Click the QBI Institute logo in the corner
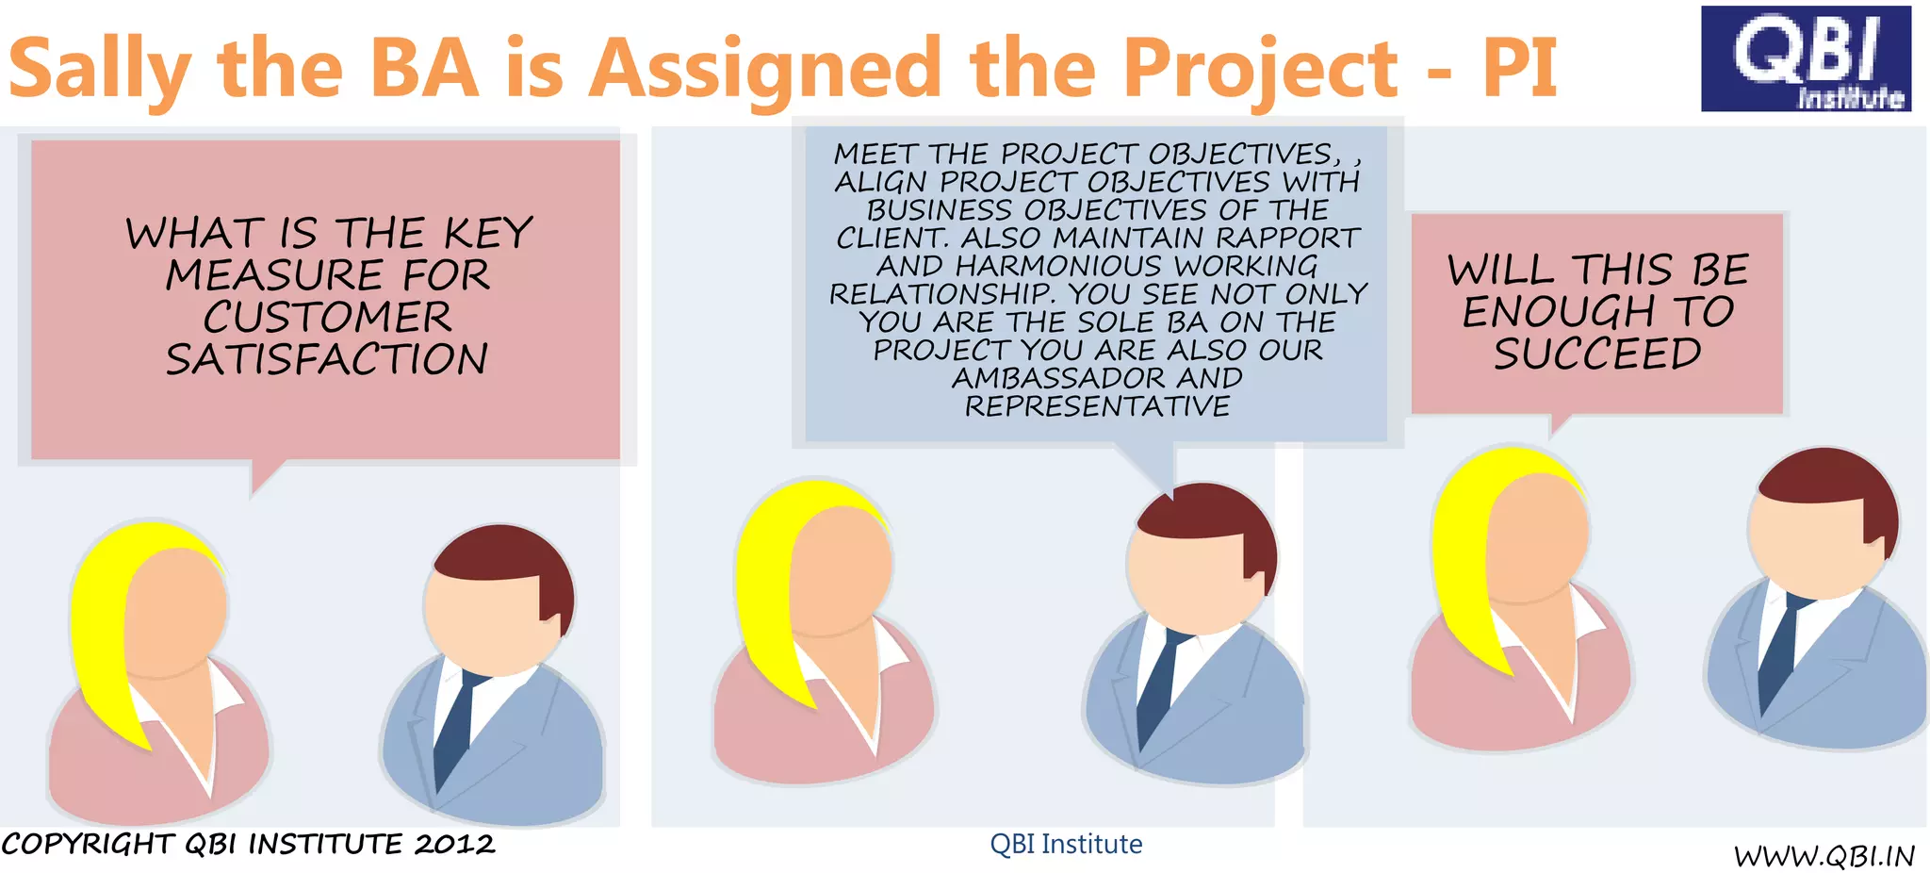(1805, 58)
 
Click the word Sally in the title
(99, 70)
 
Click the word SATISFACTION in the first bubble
(327, 359)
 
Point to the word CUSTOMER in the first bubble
(327, 317)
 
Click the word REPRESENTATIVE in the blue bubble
(1097, 406)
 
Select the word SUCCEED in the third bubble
(1597, 354)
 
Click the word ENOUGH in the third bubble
(1558, 312)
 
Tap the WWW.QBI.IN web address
(1824, 856)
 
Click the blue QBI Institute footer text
(1066, 844)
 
